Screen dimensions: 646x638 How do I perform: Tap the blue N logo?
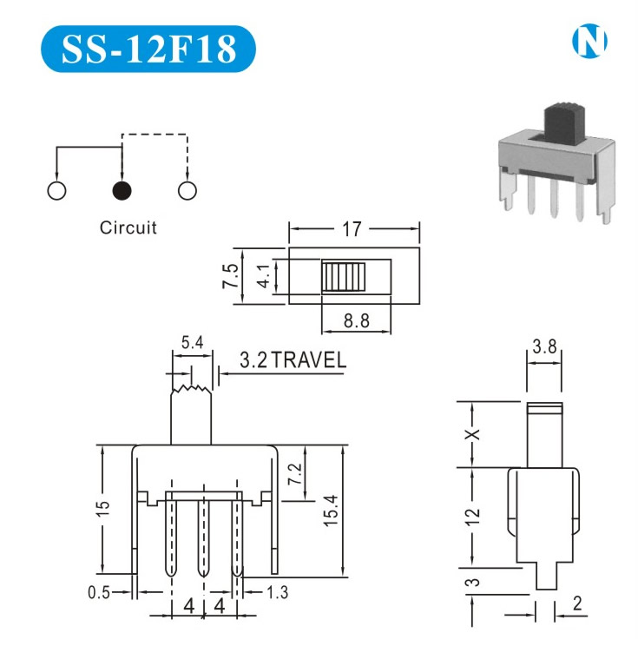coord(590,42)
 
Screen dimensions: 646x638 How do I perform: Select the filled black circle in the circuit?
coord(122,190)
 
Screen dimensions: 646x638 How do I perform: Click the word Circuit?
coord(128,228)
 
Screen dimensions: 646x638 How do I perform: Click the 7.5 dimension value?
coord(231,276)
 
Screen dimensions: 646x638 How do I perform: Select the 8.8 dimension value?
coord(356,320)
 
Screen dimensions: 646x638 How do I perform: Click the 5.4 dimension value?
coord(192,343)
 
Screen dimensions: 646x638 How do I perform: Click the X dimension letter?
coord(472,434)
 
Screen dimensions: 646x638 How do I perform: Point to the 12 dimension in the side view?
coord(471,518)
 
